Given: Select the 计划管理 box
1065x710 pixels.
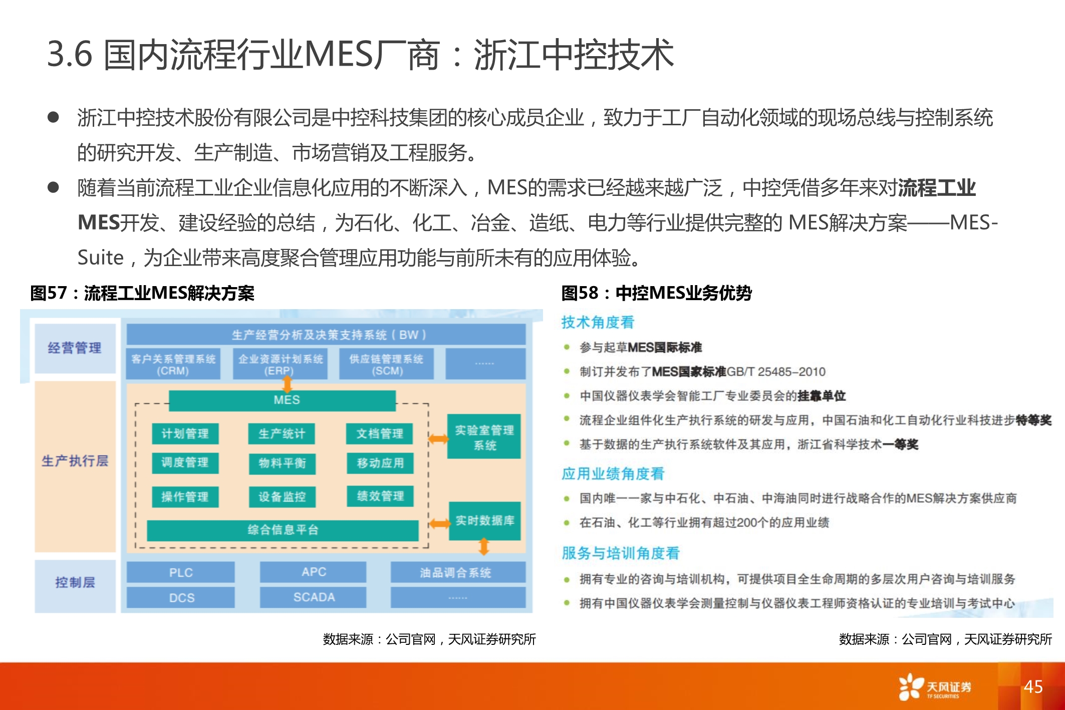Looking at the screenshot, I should (185, 434).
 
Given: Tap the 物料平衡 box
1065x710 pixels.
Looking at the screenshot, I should (282, 463).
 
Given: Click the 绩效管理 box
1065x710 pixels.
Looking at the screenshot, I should (380, 496).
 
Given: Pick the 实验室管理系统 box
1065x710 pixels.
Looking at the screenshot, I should (484, 437).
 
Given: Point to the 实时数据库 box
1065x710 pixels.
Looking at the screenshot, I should (484, 521).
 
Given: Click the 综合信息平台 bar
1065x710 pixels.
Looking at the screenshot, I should (283, 530).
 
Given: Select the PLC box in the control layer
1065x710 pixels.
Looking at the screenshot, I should (180, 572).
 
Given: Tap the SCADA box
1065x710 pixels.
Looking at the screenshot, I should (314, 597).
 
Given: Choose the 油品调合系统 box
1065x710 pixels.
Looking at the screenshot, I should (457, 572).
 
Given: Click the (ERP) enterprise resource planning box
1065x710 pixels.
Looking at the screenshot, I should (280, 364).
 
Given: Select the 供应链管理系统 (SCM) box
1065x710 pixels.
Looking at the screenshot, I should (386, 364).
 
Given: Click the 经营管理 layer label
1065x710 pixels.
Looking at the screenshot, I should (75, 348).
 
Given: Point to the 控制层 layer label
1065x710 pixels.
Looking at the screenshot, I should (75, 582).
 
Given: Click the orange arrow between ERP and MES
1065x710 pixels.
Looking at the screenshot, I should (288, 384).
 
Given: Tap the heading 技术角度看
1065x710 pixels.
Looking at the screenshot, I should (598, 322).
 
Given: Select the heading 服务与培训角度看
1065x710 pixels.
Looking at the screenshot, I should (620, 553).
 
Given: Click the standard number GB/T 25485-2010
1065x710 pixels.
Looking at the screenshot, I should (775, 372).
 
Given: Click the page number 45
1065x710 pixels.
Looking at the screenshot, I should (1032, 686).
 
